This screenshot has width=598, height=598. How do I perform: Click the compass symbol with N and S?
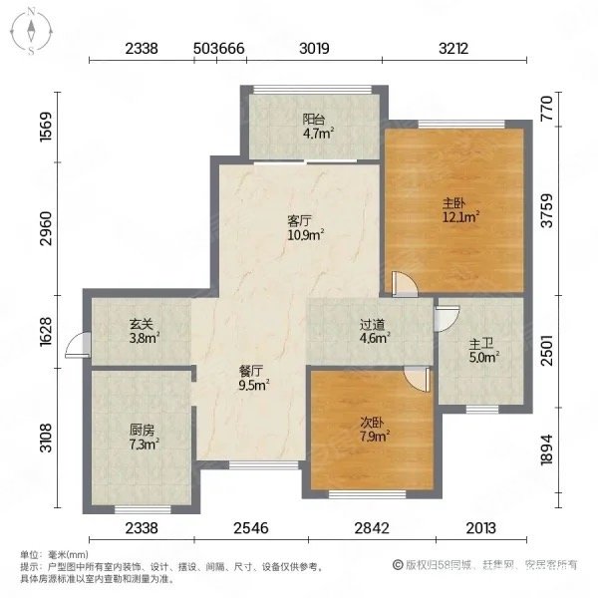[x=32, y=30]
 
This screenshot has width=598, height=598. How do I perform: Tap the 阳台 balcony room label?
[x=312, y=119]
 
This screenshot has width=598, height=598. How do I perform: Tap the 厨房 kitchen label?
[x=142, y=432]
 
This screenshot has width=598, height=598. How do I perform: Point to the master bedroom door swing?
[x=404, y=286]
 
